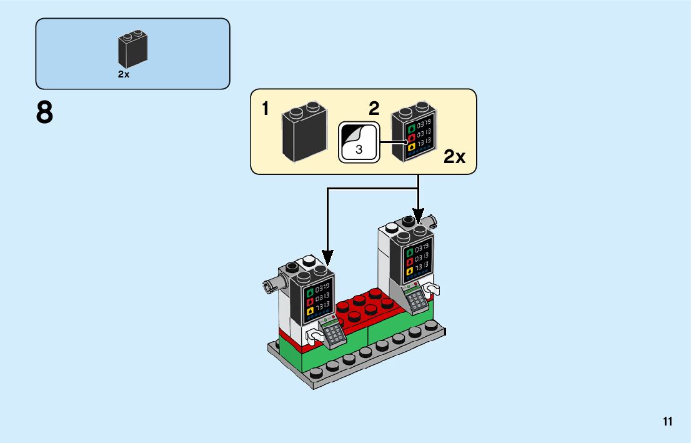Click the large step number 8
click(44, 114)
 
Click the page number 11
click(668, 422)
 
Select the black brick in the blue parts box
click(132, 51)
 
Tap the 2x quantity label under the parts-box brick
click(124, 74)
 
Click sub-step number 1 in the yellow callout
click(266, 109)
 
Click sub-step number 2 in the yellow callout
click(374, 109)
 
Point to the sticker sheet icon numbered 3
click(359, 142)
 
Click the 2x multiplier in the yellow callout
click(454, 157)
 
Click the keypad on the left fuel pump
click(333, 332)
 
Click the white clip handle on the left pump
click(314, 337)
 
